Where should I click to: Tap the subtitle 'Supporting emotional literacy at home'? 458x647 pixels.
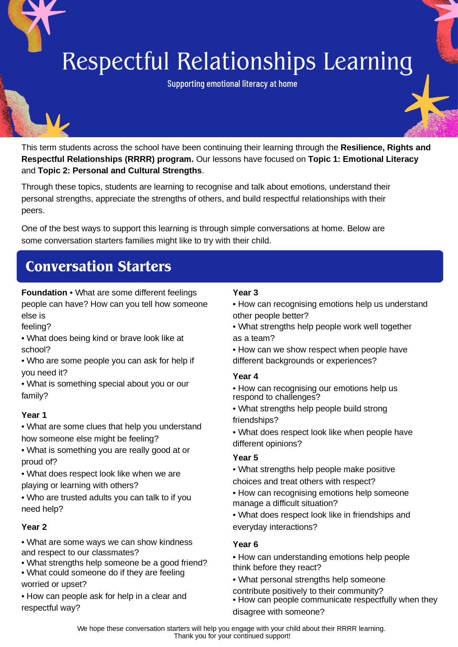click(x=232, y=84)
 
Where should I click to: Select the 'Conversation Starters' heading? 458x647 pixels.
click(x=98, y=266)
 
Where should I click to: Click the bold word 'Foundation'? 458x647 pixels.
click(x=44, y=293)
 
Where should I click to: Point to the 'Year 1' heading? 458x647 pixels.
click(x=34, y=415)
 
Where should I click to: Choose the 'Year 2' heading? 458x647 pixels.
click(x=34, y=527)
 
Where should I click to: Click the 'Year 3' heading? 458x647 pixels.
click(x=245, y=293)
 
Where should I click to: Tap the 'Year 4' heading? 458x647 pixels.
click(x=245, y=377)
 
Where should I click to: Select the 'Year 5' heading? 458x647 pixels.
click(x=245, y=458)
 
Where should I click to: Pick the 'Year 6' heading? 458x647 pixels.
click(x=245, y=544)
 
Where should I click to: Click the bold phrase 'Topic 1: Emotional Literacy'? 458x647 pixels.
click(x=363, y=159)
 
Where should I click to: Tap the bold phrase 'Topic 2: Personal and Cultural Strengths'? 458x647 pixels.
click(x=120, y=171)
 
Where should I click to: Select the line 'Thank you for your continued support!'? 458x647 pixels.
click(x=232, y=636)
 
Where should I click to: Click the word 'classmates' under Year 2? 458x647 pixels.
click(x=115, y=552)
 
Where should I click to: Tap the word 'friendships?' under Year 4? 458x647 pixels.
click(x=255, y=420)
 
